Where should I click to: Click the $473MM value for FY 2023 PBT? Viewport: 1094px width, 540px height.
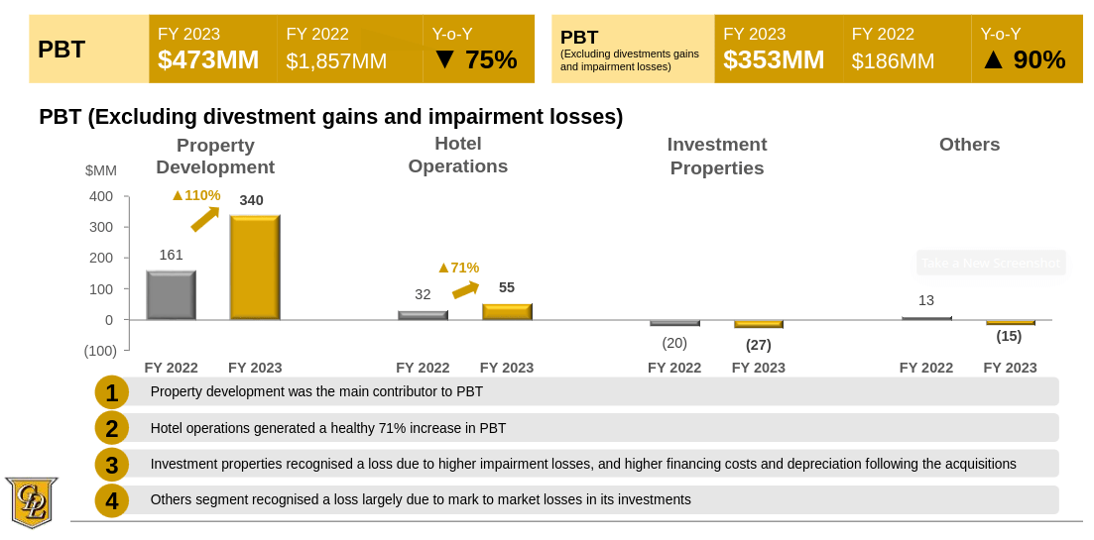click(x=208, y=60)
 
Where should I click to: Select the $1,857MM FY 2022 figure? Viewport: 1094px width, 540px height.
click(x=336, y=61)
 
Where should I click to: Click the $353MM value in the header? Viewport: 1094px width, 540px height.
click(x=774, y=60)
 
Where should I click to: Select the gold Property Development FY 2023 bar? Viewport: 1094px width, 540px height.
click(x=255, y=268)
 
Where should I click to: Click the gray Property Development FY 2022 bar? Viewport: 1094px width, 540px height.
click(x=171, y=295)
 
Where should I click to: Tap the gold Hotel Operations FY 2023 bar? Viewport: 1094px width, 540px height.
click(x=507, y=311)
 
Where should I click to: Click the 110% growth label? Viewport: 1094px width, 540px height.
click(x=195, y=195)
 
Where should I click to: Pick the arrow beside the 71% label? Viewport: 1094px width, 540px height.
click(x=465, y=289)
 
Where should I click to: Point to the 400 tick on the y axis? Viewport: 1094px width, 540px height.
click(x=101, y=196)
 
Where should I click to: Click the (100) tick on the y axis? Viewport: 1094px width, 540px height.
click(x=99, y=351)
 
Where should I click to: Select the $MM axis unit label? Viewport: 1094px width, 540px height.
click(x=101, y=170)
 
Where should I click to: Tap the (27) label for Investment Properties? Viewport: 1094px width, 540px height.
click(x=758, y=345)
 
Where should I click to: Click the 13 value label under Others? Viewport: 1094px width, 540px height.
click(x=925, y=300)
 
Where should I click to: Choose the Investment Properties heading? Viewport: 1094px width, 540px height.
click(x=716, y=156)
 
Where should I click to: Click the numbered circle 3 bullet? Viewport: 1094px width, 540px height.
click(x=112, y=465)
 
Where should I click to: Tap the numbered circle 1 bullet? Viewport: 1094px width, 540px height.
click(x=112, y=393)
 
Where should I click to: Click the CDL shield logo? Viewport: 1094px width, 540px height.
click(x=31, y=501)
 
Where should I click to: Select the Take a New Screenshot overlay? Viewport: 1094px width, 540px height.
click(x=990, y=263)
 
